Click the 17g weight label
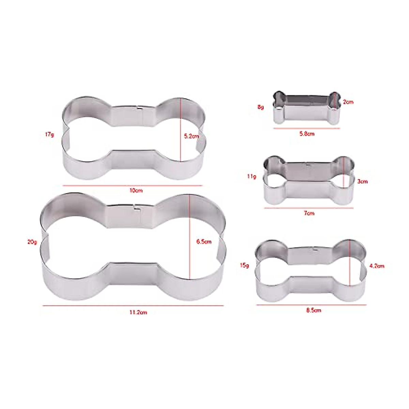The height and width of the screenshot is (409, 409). coord(49,135)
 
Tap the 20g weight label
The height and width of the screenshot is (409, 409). coord(32,242)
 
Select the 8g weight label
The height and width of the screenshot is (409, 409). coord(260,107)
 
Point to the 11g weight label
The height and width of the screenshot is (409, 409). coord(252,177)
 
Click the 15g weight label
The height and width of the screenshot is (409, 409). coord(244,265)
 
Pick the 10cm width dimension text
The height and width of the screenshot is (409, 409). coord(136,191)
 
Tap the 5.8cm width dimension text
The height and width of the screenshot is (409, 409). coord(307,134)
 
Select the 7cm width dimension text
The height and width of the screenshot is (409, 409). coord(309,213)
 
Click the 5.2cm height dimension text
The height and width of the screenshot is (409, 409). coord(191,136)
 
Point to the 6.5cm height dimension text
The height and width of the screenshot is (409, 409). coord(204,242)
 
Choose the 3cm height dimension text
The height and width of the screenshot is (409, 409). coord(362,182)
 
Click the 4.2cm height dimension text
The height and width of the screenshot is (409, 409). coord(377,266)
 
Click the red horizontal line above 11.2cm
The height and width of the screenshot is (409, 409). coord(133,306)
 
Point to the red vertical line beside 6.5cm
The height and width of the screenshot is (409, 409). coord(190,239)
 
